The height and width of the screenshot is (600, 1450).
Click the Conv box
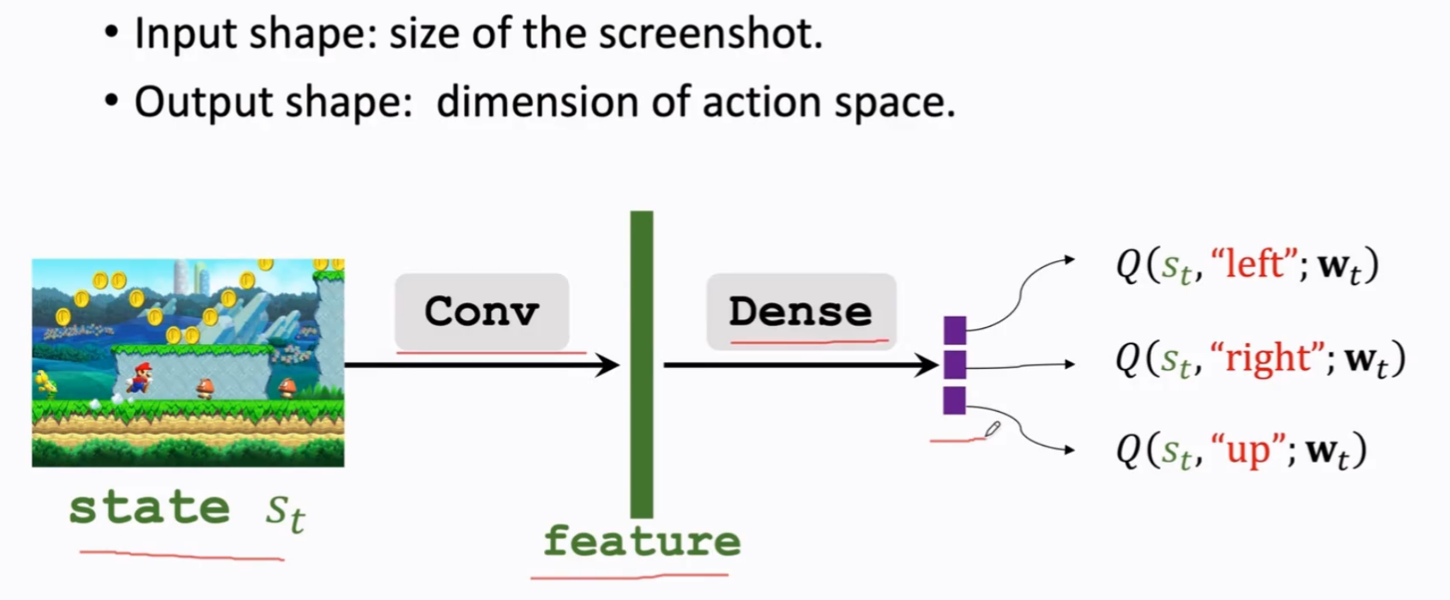tap(481, 312)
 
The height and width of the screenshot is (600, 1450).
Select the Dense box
tap(801, 312)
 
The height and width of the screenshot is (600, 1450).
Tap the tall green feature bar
tap(642, 364)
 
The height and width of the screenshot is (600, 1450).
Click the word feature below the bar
tap(642, 542)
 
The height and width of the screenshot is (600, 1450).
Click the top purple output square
tap(955, 330)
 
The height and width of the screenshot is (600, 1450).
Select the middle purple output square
tap(955, 365)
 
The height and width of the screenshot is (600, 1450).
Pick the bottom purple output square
tap(955, 400)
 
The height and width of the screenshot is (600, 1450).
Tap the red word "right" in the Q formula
tap(1266, 358)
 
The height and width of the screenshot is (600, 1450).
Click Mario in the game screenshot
tap(139, 378)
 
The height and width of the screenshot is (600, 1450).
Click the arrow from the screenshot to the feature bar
tap(482, 365)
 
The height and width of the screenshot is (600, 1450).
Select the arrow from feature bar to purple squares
tap(801, 365)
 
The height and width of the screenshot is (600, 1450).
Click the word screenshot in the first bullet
tap(710, 33)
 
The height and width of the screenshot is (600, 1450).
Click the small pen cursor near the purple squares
tap(993, 429)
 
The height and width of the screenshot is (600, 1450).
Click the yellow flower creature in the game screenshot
tap(46, 384)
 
